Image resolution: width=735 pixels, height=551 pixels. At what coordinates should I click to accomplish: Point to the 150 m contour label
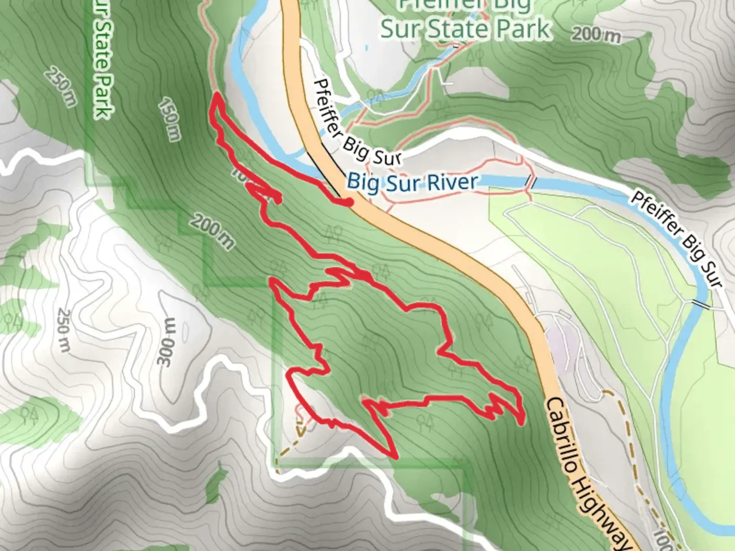(169, 119)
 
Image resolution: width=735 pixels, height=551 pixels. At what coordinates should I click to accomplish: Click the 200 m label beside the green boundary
(213, 232)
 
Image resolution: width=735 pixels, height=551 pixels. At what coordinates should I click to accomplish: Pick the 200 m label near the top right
(596, 35)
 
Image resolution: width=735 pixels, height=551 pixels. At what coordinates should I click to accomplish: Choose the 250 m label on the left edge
(63, 330)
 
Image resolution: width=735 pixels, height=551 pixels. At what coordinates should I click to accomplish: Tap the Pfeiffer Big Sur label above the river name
(357, 122)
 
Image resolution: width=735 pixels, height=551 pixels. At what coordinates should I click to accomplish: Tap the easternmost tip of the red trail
(521, 422)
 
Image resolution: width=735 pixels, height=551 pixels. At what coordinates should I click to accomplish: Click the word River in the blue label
(454, 182)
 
